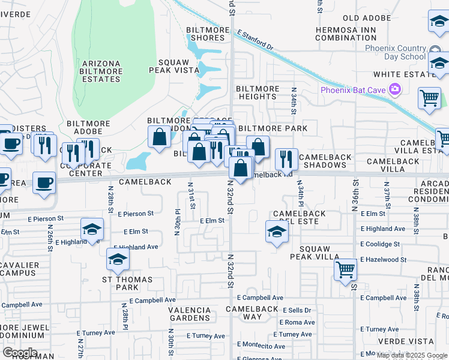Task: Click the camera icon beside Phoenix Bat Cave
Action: pos(395,90)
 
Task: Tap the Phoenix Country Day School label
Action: pos(397,52)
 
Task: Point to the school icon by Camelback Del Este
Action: pos(276,232)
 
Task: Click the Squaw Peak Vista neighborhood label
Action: pos(178,66)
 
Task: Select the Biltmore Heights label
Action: pos(258,92)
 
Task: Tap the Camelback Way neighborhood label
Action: pos(252,313)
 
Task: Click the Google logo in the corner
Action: pos(19,353)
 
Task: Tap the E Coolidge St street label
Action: pos(380,244)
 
